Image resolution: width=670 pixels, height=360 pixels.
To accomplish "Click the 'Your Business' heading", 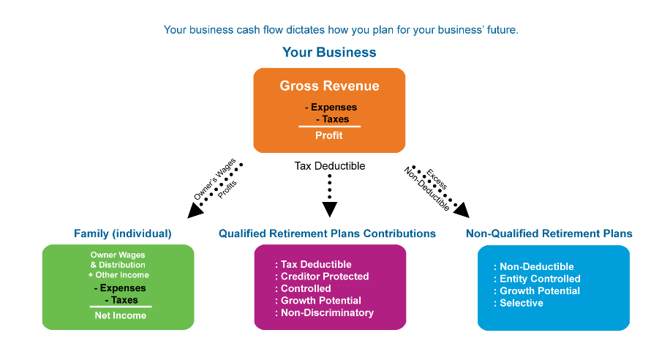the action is click(x=329, y=52).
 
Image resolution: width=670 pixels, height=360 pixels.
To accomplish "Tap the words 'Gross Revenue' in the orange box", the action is click(x=329, y=86).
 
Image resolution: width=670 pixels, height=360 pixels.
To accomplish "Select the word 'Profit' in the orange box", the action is click(x=329, y=135).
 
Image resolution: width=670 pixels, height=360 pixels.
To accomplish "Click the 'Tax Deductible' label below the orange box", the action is click(x=330, y=166).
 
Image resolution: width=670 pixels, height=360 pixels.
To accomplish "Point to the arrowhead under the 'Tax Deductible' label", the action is click(x=330, y=209).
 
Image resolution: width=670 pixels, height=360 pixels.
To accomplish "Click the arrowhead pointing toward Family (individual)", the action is click(x=195, y=210).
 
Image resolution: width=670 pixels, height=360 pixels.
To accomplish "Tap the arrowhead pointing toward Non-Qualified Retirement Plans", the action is click(x=462, y=210).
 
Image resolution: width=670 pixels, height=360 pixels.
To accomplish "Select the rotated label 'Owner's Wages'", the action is click(x=214, y=179).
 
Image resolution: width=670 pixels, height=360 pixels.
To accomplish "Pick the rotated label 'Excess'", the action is click(x=437, y=179).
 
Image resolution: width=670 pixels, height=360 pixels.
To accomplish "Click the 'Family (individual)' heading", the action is click(x=123, y=233).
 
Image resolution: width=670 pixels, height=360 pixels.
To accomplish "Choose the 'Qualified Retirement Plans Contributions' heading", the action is click(x=327, y=233).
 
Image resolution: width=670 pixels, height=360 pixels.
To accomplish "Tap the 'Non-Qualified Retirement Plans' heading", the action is click(x=549, y=233).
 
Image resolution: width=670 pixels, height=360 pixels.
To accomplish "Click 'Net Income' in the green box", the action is click(x=121, y=315).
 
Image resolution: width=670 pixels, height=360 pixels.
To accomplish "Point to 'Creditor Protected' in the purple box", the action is click(x=325, y=276).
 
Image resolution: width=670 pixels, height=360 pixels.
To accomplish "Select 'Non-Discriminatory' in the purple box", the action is click(x=327, y=312).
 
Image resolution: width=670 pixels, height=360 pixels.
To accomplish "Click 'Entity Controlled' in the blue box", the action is click(x=540, y=279).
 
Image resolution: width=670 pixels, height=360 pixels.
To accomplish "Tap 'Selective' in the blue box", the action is click(x=522, y=303).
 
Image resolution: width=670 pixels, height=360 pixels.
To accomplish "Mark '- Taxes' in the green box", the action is click(x=121, y=300).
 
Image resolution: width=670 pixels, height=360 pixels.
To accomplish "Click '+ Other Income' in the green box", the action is click(x=118, y=275).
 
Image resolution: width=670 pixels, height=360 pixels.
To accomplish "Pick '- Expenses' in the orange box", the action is click(x=331, y=108).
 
